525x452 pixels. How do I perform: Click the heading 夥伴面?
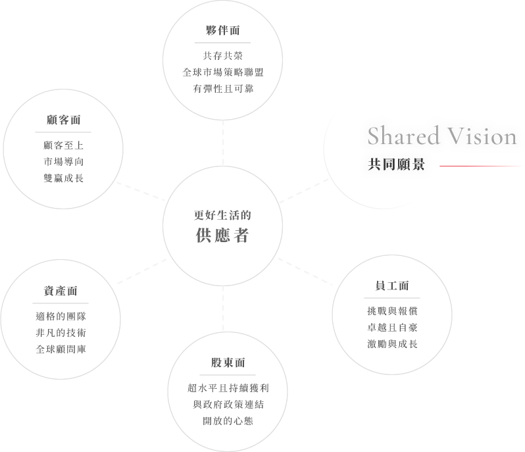pos(222,30)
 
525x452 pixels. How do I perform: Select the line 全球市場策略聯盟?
pos(222,72)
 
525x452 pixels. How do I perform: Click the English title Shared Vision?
pos(441,136)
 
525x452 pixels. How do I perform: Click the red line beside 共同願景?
pos(481,166)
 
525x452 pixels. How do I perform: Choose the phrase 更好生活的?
pos(222,215)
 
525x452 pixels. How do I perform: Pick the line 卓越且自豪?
pos(392,327)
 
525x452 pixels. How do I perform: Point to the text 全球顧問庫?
pos(61,348)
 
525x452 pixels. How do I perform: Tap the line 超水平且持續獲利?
pos(223,388)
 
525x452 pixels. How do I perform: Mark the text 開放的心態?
pos(223,420)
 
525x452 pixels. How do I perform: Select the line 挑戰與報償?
pos(392,311)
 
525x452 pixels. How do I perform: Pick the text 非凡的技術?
pos(61,332)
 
